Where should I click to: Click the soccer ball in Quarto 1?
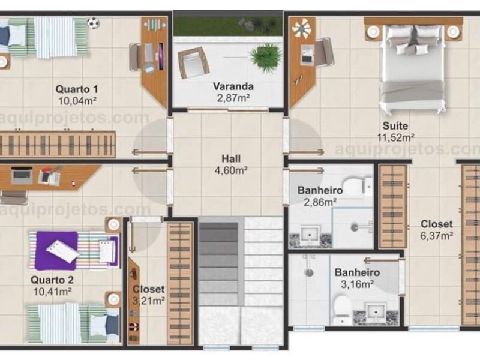pos(93,23)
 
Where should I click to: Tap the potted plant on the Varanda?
pos(265,55)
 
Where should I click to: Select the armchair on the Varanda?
pos(193,62)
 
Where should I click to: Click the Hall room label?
pos(231,158)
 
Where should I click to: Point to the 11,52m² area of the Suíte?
pos(395,137)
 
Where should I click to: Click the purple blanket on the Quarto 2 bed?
pos(57,251)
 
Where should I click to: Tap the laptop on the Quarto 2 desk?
pos(22,176)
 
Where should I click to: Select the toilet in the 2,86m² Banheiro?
pos(357,186)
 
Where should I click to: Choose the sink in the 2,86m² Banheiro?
pos(310,235)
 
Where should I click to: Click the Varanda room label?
pos(233,86)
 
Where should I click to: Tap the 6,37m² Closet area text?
pos(437,236)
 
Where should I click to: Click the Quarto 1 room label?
pos(77,89)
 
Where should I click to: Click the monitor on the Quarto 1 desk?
pos(161,56)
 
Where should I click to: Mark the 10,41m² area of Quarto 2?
pos(52,292)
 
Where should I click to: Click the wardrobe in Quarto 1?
pos(57,145)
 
